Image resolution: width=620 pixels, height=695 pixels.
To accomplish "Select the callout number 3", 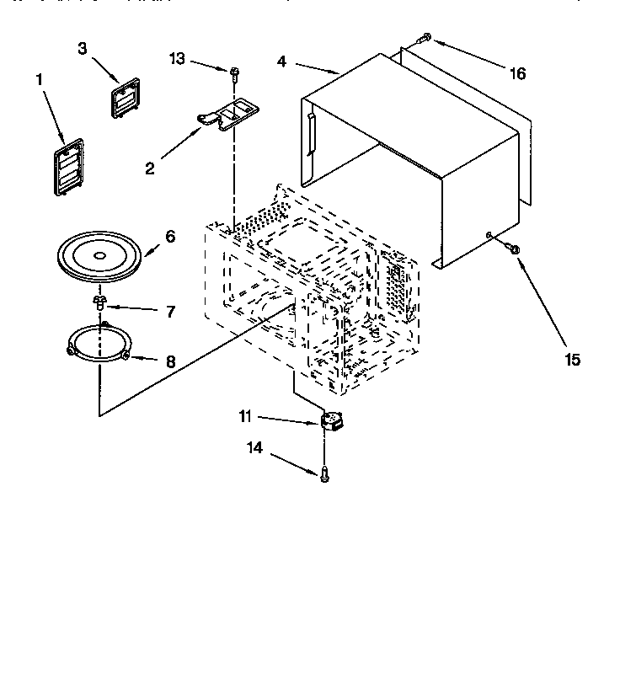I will click(83, 49).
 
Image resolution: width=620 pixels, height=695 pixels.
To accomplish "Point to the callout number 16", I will click(517, 73).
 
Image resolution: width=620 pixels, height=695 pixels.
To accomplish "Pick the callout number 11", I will click(245, 416).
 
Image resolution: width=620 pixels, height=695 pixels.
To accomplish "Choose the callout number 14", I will click(254, 449).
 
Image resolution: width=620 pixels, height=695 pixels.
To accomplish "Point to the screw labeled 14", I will click(324, 475).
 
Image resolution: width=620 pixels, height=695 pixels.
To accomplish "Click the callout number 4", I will click(282, 61).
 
